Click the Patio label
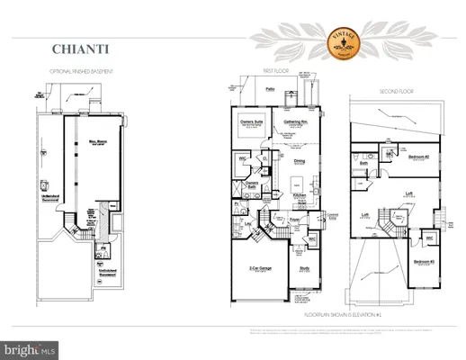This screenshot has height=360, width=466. [x=271, y=90]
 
